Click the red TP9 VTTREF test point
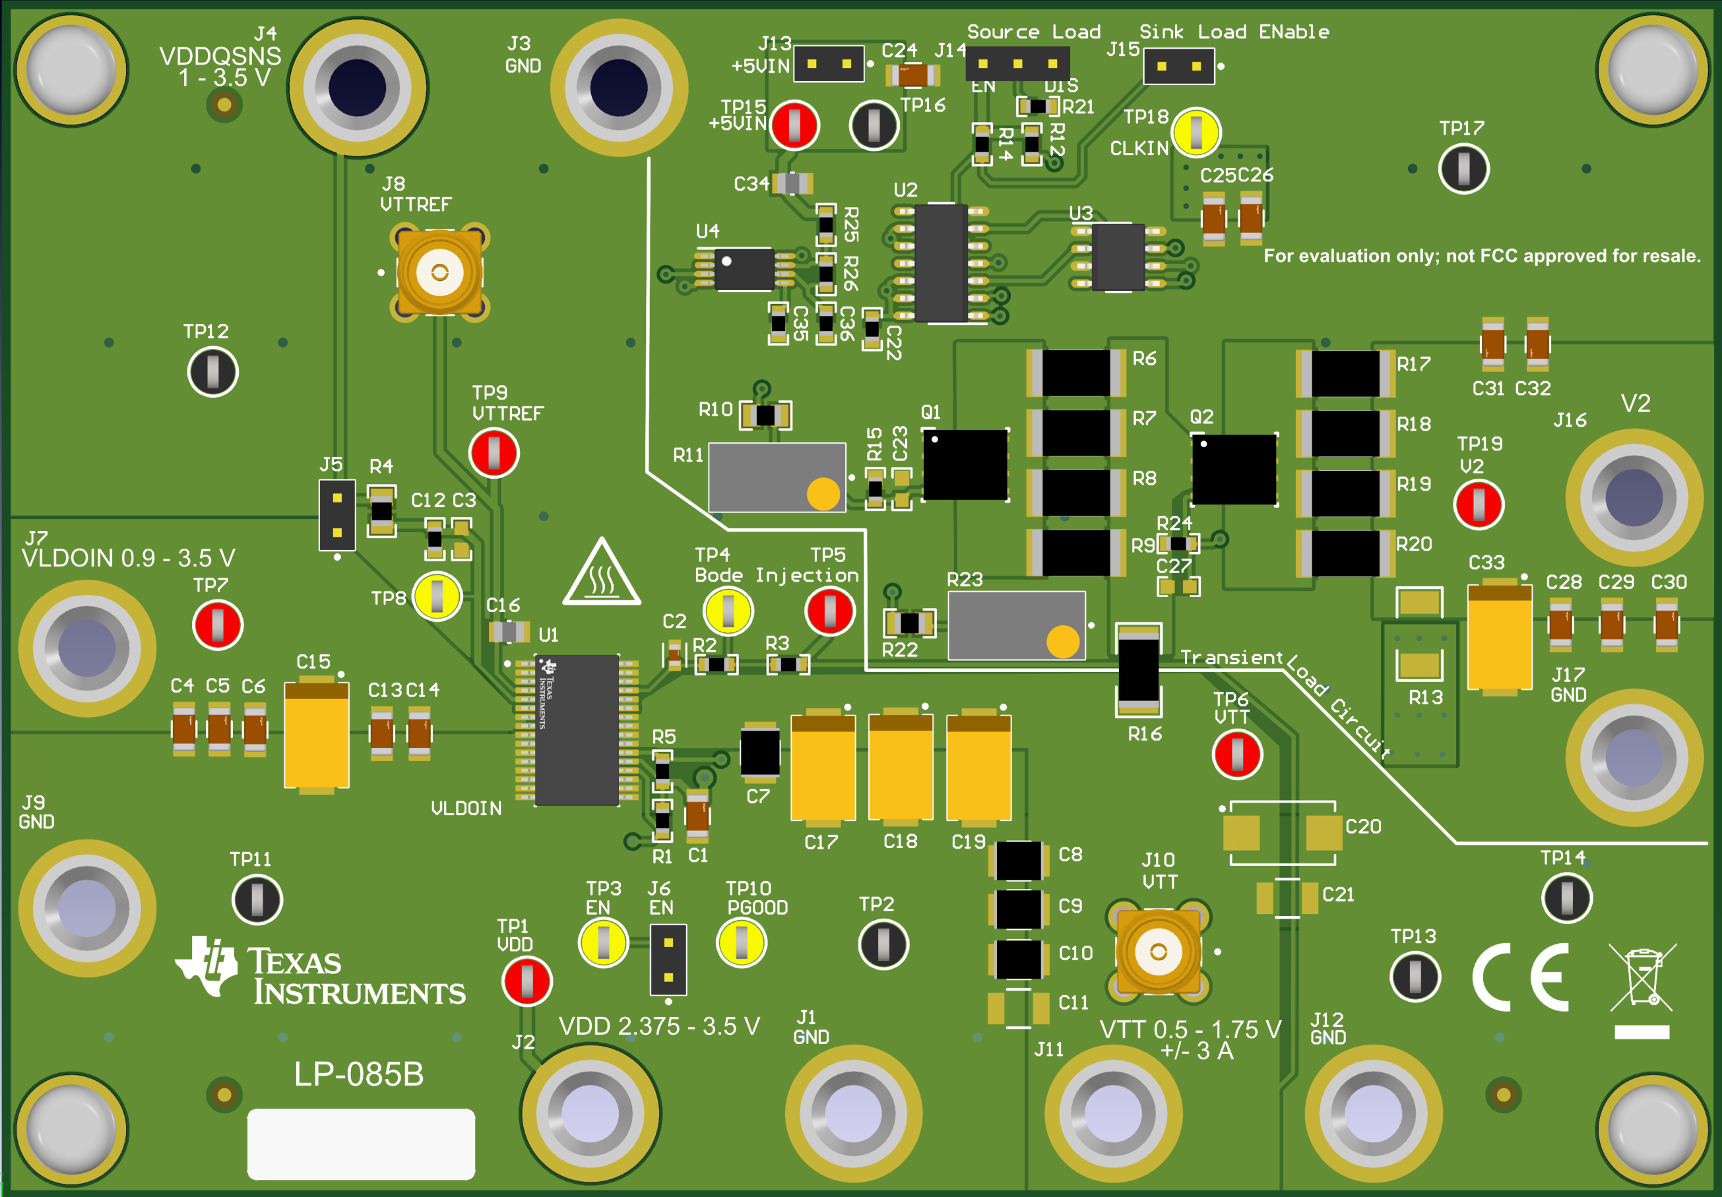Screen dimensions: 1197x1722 pos(494,452)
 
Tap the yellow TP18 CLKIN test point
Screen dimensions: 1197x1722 pos(1196,132)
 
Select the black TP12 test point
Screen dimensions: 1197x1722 pos(213,372)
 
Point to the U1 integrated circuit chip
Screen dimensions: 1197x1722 pos(576,730)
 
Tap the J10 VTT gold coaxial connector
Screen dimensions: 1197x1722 pos(1158,952)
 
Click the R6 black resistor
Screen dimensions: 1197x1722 pos(1075,373)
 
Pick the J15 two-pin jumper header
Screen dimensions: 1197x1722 pos(1178,66)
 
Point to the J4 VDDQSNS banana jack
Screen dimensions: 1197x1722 pos(358,88)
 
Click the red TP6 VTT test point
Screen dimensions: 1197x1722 pos(1237,754)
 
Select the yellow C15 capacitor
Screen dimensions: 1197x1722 pos(316,735)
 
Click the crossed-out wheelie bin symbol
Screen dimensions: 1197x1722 pos(1642,977)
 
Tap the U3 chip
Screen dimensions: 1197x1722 pos(1118,257)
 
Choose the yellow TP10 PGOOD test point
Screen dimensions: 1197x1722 pos(741,943)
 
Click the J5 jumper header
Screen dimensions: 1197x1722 pos(336,515)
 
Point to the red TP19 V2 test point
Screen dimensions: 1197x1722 pos(1479,505)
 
